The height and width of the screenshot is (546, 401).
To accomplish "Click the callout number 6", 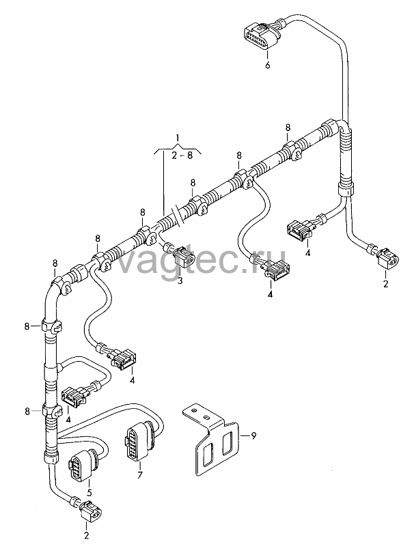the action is point(267,65).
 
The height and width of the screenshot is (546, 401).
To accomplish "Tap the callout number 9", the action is point(253,435).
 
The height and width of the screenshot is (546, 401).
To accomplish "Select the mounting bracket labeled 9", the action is point(211,439).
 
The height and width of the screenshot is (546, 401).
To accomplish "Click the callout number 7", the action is point(140,474).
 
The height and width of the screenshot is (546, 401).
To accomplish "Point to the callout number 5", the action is point(89,493).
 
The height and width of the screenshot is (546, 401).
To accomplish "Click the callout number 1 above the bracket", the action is point(178,139).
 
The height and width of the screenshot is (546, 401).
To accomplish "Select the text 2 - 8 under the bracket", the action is point(182,155).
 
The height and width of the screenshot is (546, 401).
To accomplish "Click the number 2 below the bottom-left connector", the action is point(86,535).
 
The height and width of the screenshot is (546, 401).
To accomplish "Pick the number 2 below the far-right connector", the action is point(385,284).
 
